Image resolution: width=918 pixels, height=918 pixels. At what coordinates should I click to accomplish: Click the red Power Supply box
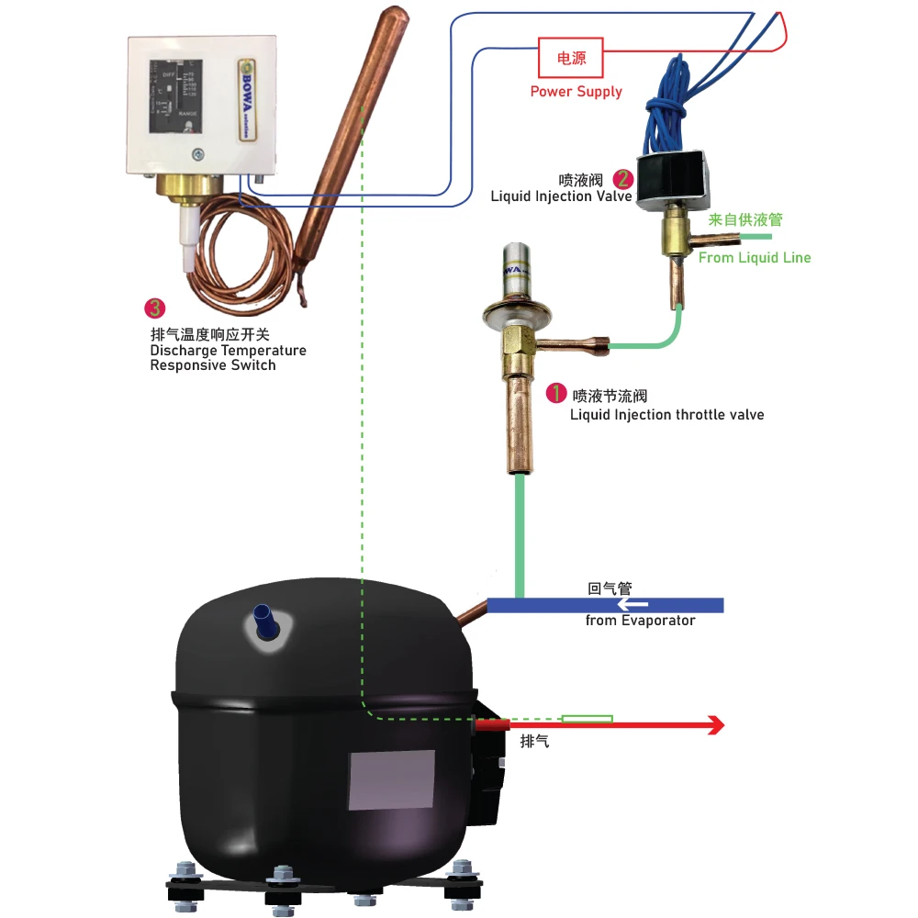tap(570, 58)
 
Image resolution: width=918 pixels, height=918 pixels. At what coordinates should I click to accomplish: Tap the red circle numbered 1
tap(556, 394)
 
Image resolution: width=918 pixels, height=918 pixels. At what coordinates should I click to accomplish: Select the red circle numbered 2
tap(623, 179)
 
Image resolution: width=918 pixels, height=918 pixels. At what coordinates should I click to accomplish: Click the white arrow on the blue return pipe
tap(633, 604)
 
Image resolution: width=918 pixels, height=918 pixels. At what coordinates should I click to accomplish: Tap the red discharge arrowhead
tap(715, 725)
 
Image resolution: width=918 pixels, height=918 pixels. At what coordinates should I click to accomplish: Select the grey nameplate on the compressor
tap(391, 779)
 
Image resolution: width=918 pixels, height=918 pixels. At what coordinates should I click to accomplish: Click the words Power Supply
tap(576, 92)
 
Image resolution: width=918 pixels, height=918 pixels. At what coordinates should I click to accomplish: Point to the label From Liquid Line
tap(755, 258)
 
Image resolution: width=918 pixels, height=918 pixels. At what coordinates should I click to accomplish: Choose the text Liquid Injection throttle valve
tap(666, 415)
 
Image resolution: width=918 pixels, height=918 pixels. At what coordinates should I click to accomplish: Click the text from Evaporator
tap(640, 621)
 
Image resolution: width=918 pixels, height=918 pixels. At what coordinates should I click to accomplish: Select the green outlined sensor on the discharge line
tap(587, 718)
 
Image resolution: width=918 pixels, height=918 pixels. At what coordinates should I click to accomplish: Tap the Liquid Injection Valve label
tap(561, 196)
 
